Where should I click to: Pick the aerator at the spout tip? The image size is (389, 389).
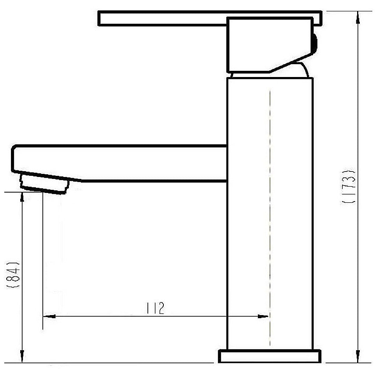point(45,183)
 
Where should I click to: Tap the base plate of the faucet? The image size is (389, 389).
point(270,356)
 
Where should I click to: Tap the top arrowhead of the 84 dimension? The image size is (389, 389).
point(22,197)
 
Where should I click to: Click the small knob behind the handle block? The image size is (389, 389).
point(315,43)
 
